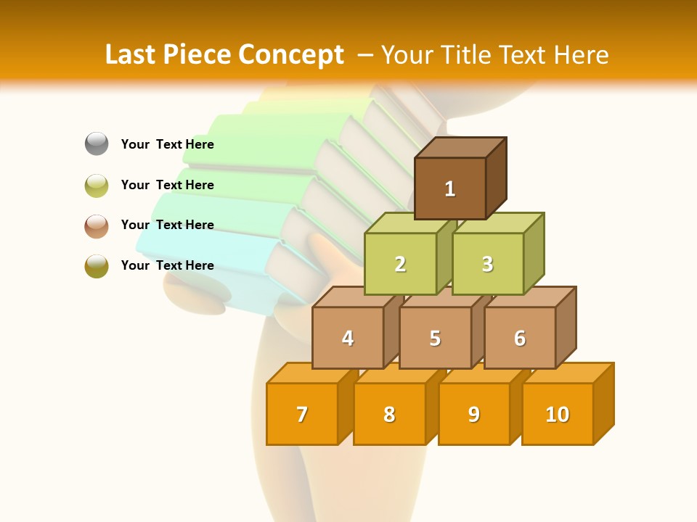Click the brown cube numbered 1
click(x=450, y=188)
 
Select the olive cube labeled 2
click(x=400, y=264)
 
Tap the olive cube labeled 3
click(x=487, y=264)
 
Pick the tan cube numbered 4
click(x=348, y=338)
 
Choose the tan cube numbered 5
click(x=435, y=338)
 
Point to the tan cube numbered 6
click(x=520, y=338)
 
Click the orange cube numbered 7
click(x=302, y=414)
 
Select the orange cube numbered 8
click(x=389, y=414)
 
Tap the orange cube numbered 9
click(x=474, y=414)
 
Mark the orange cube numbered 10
click(x=558, y=414)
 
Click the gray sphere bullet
click(x=97, y=144)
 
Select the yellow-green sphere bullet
click(x=97, y=185)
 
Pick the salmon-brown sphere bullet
click(x=97, y=225)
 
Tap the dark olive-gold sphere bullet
click(x=97, y=266)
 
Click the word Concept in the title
click(x=291, y=55)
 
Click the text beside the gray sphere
click(x=168, y=144)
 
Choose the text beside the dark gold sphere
click(x=168, y=265)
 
